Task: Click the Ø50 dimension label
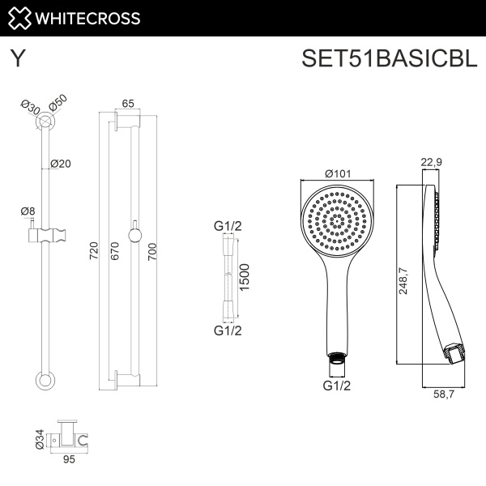(x=58, y=104)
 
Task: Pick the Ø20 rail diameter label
(x=61, y=163)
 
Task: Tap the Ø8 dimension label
(x=28, y=211)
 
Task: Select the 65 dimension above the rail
(x=128, y=103)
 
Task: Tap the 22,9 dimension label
(x=432, y=162)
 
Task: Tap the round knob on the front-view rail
(x=134, y=236)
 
